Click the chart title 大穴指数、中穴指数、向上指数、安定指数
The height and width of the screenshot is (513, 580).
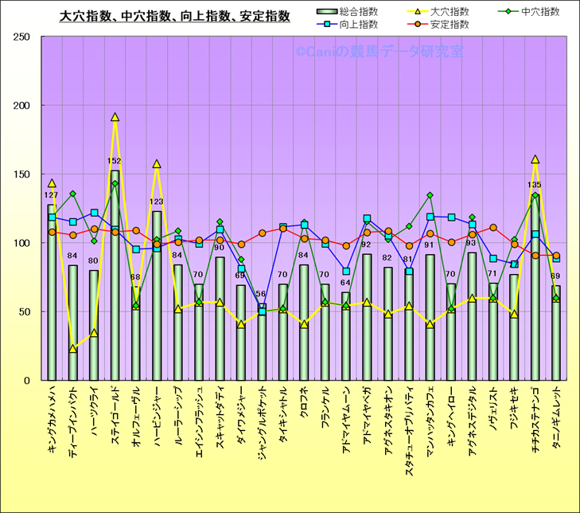[175, 16]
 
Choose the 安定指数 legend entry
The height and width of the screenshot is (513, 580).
[450, 25]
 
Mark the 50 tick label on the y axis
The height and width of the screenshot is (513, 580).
[23, 311]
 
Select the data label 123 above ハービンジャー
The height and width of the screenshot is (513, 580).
[157, 202]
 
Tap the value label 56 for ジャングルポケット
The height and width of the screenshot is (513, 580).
[261, 294]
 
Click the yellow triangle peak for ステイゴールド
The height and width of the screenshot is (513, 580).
[115, 117]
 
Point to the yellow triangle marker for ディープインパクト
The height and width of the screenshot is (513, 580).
[73, 348]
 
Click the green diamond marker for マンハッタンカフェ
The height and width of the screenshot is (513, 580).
[430, 195]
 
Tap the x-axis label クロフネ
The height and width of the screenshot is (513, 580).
[303, 409]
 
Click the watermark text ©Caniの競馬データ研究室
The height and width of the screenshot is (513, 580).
[379, 53]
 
